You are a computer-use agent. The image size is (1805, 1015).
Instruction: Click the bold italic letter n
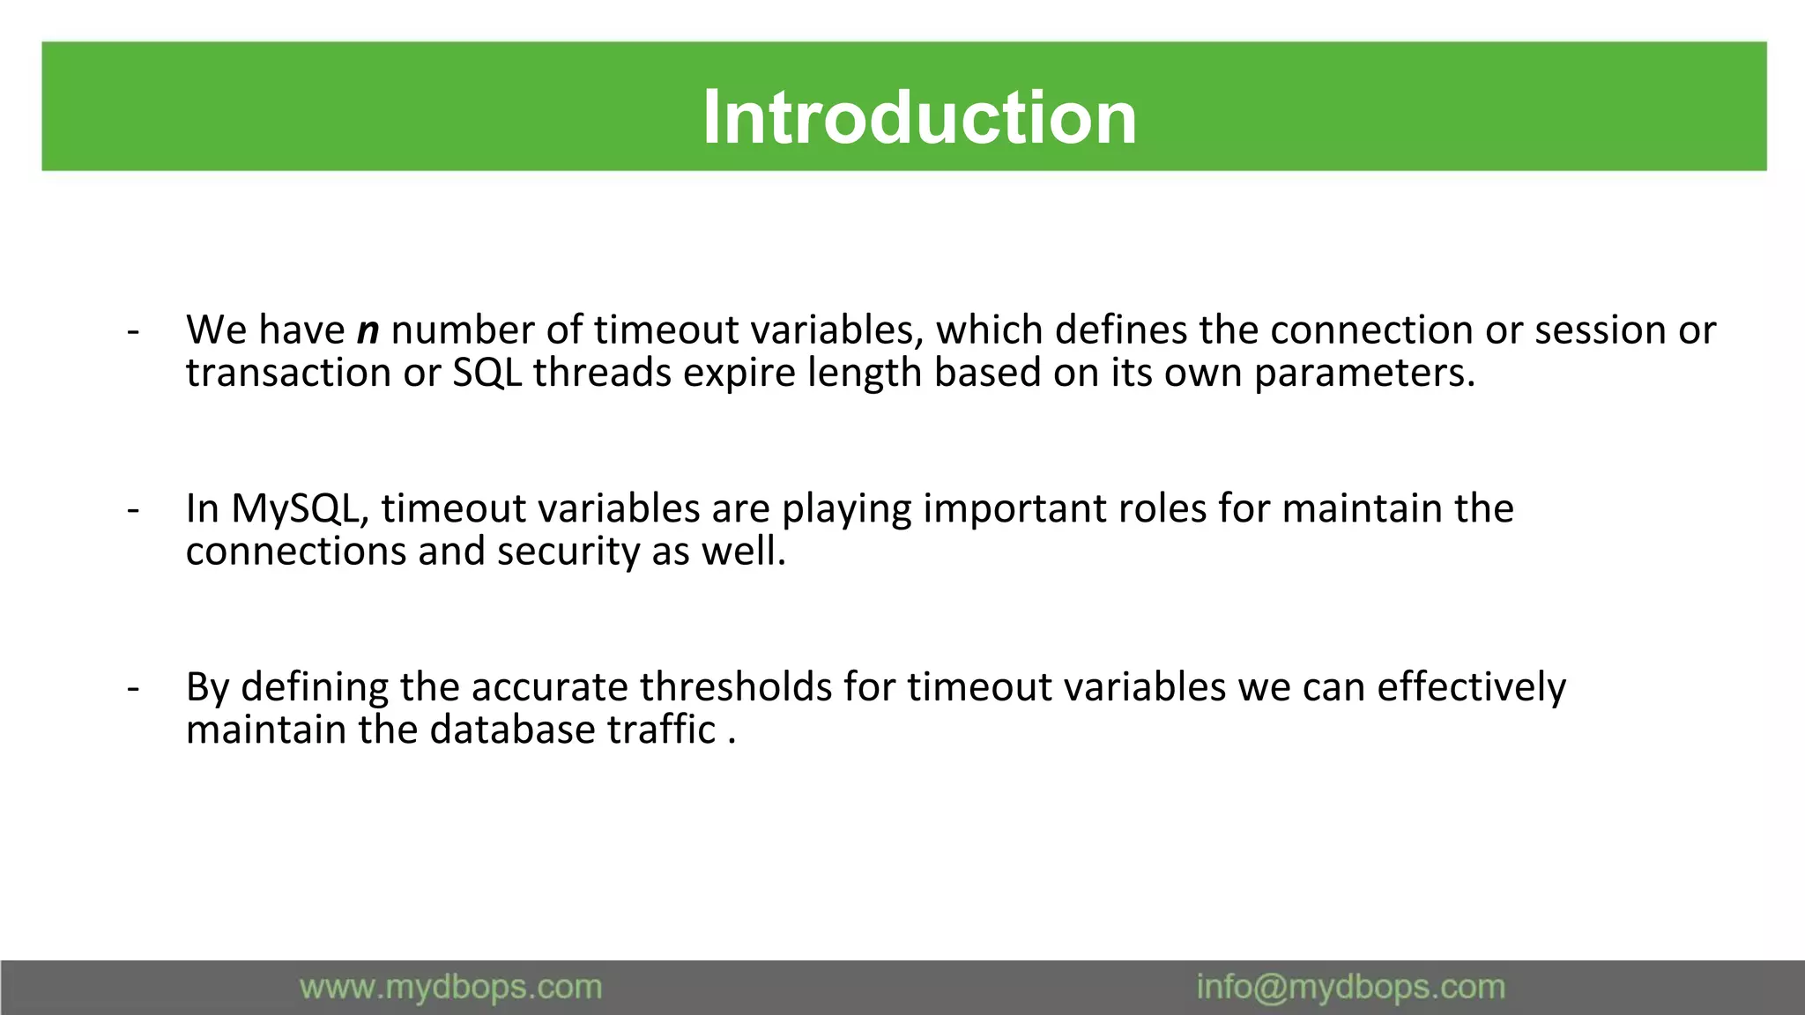coord(368,331)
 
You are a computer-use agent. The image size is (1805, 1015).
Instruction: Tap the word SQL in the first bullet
coord(487,373)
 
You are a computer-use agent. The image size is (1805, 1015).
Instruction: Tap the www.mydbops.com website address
coord(450,987)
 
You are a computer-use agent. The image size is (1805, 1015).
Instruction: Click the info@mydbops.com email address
coord(1350,987)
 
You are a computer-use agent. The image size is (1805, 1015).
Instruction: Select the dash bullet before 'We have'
coord(133,331)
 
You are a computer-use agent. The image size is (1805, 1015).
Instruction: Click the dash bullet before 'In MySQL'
coord(133,509)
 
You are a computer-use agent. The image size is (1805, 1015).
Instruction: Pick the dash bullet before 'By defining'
coord(133,687)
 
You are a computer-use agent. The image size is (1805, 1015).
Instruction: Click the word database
coord(512,730)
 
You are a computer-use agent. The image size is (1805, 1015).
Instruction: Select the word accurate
coord(549,687)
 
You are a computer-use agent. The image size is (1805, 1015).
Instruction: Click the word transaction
coord(288,373)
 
